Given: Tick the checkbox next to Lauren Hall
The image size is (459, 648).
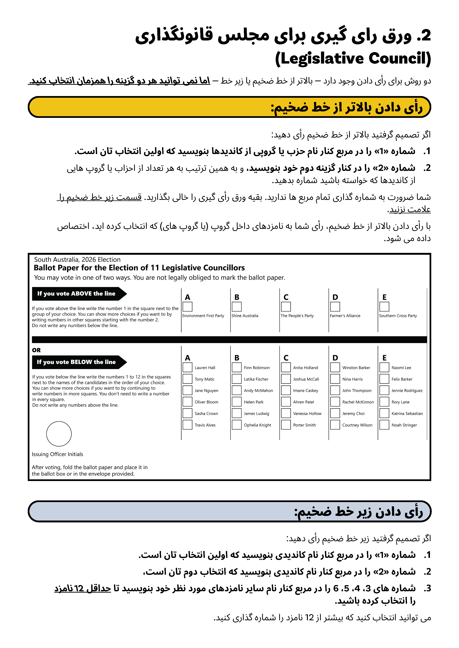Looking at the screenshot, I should (x=187, y=367).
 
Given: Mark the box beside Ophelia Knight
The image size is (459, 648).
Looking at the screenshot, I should (x=237, y=425).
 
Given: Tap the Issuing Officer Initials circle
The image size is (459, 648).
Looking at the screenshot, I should (x=59, y=434).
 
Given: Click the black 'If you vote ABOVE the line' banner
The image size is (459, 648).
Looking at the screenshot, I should (x=76, y=294).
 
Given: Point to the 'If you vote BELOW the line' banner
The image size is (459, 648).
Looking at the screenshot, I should (x=76, y=362).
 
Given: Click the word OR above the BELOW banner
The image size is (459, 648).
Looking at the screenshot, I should (x=36, y=350).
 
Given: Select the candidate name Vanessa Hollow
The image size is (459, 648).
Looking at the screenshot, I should (x=307, y=413).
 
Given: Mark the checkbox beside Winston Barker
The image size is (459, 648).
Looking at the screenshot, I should (x=335, y=367).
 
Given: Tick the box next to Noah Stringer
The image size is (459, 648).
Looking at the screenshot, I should (x=384, y=425).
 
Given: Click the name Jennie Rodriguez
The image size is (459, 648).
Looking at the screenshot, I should (x=407, y=391).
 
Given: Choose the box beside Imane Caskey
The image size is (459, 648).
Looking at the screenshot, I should (x=286, y=390).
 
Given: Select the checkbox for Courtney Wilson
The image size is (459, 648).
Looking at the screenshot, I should (x=335, y=425).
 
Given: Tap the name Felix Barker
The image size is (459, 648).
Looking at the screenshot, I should (x=402, y=379).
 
